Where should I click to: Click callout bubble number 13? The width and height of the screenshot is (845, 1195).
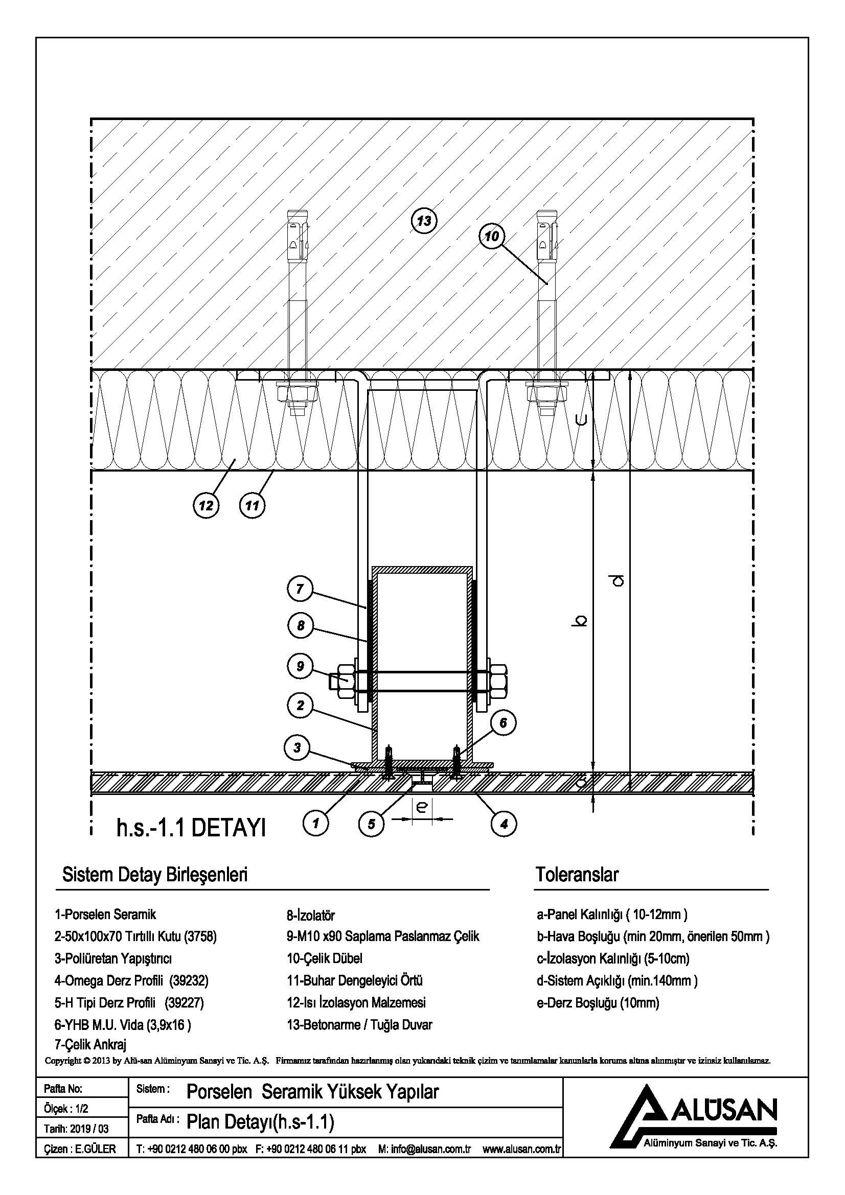[424, 221]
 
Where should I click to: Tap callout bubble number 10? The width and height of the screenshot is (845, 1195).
[491, 237]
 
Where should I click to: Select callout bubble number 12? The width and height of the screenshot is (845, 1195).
[206, 505]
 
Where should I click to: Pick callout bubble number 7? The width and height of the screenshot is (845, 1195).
[300, 589]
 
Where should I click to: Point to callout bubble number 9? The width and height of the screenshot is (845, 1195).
[300, 666]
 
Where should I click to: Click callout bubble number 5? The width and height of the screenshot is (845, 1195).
[371, 824]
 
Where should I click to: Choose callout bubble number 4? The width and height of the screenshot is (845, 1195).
[504, 824]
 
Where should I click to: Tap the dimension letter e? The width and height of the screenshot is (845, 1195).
[422, 807]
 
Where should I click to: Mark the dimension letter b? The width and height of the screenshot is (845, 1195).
[582, 621]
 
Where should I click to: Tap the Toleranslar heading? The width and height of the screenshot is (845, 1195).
[577, 875]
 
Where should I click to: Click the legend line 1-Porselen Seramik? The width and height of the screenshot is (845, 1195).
[105, 915]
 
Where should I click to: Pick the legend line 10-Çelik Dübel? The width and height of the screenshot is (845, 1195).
[325, 958]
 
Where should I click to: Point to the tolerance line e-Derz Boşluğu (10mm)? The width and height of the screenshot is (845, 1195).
[598, 1002]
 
